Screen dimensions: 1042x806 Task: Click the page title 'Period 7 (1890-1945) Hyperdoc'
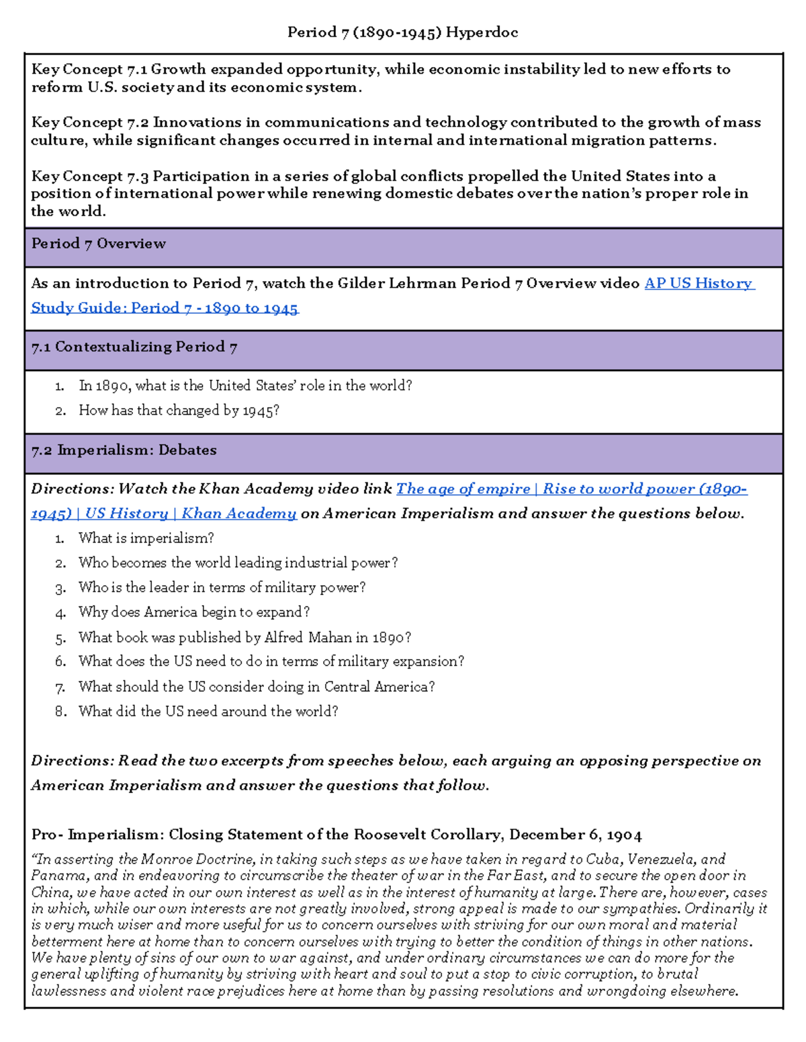402,32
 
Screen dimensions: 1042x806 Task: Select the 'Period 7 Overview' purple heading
98,244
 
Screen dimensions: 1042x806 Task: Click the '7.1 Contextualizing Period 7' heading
134,347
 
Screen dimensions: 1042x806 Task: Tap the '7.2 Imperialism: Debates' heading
124,450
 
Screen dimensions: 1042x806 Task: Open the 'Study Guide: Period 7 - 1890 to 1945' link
165,308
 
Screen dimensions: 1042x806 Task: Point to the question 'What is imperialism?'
146,538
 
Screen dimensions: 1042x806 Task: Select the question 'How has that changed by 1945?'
179,411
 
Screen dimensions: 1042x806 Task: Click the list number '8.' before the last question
60,711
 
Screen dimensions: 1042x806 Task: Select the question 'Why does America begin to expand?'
193,613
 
